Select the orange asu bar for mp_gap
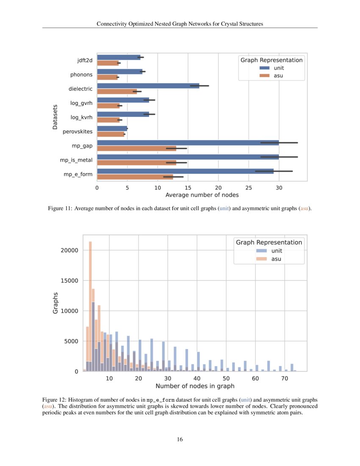(x=136, y=148)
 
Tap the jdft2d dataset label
(x=81, y=60)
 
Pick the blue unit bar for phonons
(x=120, y=72)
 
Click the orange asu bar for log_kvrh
(x=108, y=120)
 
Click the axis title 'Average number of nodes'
(x=202, y=195)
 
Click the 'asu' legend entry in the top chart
(x=278, y=75)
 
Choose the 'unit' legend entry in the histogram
(x=277, y=250)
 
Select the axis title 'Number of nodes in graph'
(x=195, y=386)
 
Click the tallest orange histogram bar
(x=90, y=305)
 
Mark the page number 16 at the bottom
(x=180, y=439)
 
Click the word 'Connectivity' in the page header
(x=111, y=24)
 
